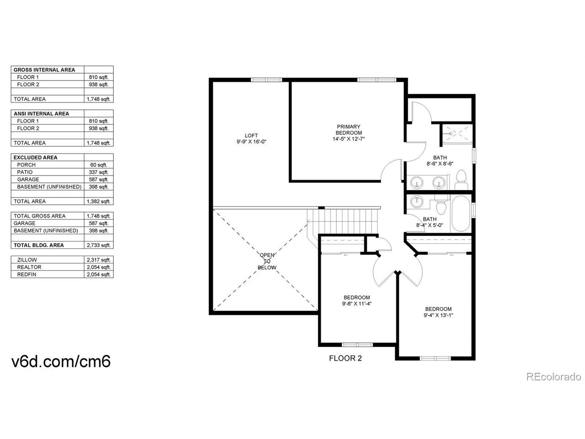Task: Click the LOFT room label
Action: click(x=251, y=135)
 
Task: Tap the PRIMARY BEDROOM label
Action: click(x=349, y=129)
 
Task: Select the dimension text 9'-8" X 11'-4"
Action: click(x=356, y=304)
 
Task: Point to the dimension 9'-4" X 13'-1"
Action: click(x=438, y=315)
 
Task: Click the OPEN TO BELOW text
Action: click(x=267, y=261)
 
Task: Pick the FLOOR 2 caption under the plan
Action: click(x=346, y=358)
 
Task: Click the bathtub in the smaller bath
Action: click(x=461, y=214)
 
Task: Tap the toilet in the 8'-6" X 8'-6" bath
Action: click(x=461, y=179)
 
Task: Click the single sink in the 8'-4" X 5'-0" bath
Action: click(x=416, y=201)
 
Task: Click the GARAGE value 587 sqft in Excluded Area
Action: click(x=99, y=179)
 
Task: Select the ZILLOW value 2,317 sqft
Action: click(x=99, y=260)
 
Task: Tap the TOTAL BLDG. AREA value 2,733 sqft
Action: click(x=99, y=245)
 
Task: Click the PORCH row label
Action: click(x=26, y=165)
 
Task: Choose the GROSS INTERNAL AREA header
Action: click(x=44, y=70)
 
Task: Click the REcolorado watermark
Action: click(x=553, y=377)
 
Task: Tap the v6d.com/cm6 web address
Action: click(x=61, y=361)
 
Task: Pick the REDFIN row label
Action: click(x=27, y=274)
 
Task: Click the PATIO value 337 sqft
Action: click(x=99, y=172)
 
